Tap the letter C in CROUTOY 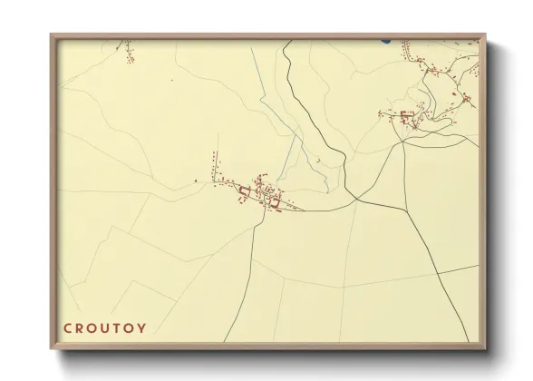[67, 327]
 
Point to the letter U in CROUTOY [114, 327]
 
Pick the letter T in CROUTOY [130, 327]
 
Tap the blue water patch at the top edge [386, 41]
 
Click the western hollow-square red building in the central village [243, 190]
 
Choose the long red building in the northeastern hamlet [406, 114]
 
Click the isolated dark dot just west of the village [196, 181]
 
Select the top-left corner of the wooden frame [51, 34]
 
